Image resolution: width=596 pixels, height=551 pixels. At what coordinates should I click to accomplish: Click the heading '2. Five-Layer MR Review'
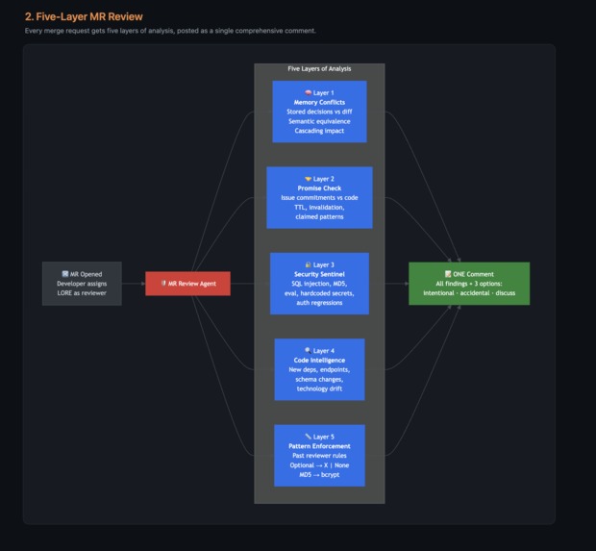coord(83,15)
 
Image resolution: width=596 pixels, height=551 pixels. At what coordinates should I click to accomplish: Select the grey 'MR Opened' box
coord(82,283)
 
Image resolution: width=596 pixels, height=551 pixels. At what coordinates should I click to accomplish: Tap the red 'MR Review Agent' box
coord(187,284)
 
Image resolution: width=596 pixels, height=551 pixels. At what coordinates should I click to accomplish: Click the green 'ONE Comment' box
coord(467,283)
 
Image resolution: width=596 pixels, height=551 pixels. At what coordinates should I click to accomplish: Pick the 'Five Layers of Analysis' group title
coord(319,69)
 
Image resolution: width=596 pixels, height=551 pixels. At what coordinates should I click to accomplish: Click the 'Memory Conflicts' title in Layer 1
coord(319,102)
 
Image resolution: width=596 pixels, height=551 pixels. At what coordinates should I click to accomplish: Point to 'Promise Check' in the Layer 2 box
coord(319,188)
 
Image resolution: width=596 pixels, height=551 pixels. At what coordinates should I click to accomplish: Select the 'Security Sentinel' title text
coord(319,274)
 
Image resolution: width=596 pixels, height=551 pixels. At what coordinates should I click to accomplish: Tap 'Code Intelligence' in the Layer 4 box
coord(319,361)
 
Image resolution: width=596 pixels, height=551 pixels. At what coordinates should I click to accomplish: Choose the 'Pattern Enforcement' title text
coord(319,446)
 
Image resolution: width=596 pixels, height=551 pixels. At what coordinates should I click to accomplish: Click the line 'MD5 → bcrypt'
coord(319,475)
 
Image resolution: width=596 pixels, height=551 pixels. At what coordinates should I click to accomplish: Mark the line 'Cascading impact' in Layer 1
coord(319,131)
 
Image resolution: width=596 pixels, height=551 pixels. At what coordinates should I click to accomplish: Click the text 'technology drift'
coord(319,389)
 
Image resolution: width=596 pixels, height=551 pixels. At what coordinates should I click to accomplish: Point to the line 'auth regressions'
coord(319,303)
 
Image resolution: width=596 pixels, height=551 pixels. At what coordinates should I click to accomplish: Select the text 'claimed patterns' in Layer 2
coord(319,217)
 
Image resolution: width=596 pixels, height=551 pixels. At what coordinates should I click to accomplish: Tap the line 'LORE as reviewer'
coord(82,292)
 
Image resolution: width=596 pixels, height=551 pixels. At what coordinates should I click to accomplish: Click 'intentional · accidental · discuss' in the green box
coord(467,292)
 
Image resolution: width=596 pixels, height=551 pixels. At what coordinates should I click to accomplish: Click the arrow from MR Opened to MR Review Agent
coord(134,284)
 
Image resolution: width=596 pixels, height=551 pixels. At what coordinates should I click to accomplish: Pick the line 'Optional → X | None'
coord(319,465)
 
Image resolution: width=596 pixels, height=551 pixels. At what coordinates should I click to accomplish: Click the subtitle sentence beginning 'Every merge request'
coord(170,31)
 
